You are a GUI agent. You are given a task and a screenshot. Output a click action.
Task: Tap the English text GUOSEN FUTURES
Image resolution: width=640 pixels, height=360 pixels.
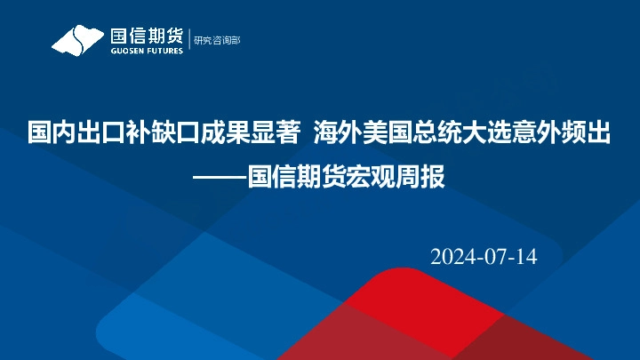tap(147, 51)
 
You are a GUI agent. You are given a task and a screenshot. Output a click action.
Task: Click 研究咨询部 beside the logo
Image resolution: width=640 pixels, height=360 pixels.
tap(217, 40)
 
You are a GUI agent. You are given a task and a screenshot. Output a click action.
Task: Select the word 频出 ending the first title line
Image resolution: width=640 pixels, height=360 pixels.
tap(590, 134)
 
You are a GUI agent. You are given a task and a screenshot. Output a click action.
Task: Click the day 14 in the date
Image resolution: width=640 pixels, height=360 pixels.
tap(526, 257)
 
